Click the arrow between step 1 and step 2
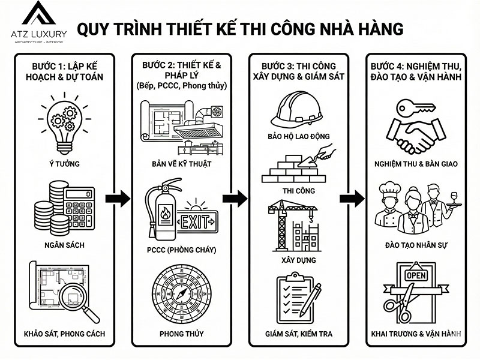pyautogui.click(x=117, y=198)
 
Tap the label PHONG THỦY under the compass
pyautogui.click(x=181, y=334)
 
